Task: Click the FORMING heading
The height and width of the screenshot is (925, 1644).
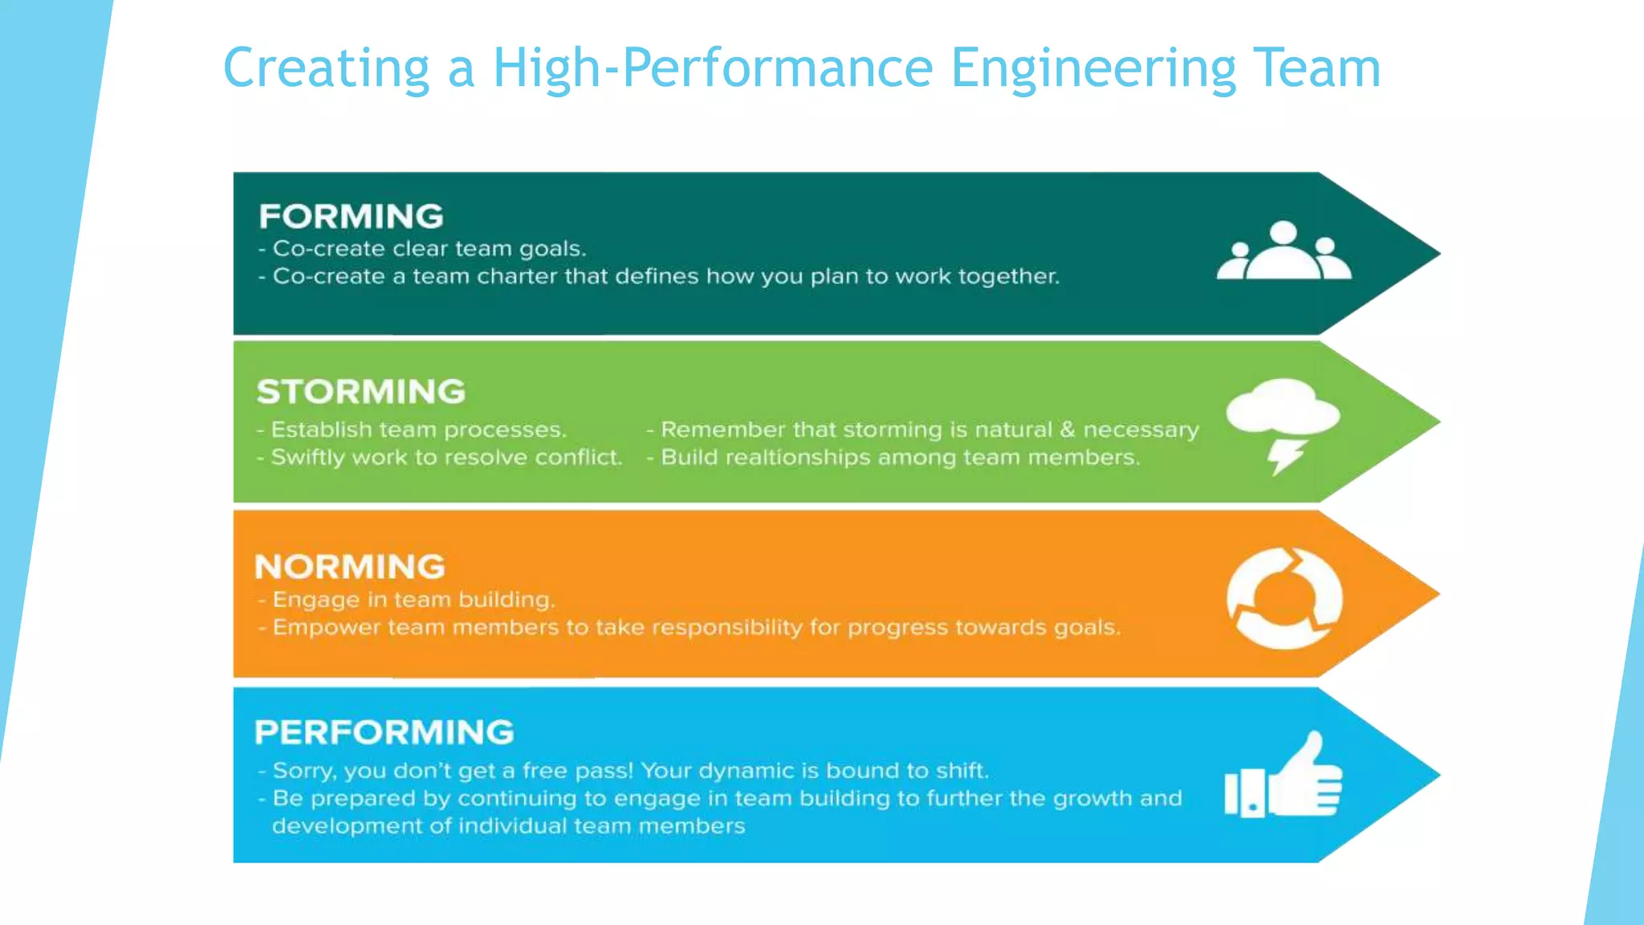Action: (x=351, y=216)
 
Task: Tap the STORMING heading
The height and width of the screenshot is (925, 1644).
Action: (x=360, y=392)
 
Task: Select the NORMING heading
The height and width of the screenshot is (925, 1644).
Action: (x=349, y=567)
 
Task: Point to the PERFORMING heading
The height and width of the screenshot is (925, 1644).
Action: (x=384, y=732)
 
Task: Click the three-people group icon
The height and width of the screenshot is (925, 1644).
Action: (x=1284, y=251)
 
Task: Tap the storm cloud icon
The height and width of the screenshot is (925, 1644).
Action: (x=1282, y=406)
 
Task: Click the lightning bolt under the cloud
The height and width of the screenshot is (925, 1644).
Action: (x=1286, y=456)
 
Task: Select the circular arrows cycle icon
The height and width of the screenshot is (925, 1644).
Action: (x=1284, y=598)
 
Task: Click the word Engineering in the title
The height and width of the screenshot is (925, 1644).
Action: (x=1093, y=68)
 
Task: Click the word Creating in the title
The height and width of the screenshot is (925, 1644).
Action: (x=326, y=68)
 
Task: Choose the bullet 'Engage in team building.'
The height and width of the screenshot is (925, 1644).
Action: (x=413, y=600)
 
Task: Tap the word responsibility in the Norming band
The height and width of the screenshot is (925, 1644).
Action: (x=722, y=627)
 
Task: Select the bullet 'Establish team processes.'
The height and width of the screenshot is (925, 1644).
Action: (x=417, y=430)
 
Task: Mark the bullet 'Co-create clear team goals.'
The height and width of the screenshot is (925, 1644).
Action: (x=429, y=249)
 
